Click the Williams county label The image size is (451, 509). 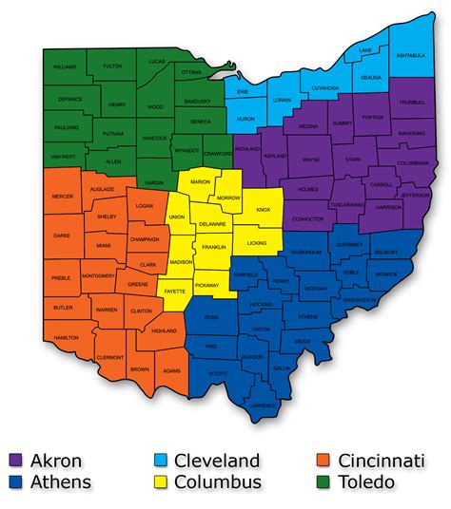pyautogui.click(x=65, y=67)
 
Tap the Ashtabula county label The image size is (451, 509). pyautogui.click(x=411, y=55)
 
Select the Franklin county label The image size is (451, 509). pyautogui.click(x=213, y=246)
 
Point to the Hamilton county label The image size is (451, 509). pyautogui.click(x=67, y=337)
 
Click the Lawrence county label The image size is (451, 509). pyautogui.click(x=263, y=405)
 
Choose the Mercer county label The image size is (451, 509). pyautogui.click(x=61, y=198)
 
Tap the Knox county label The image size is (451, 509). pyautogui.click(x=264, y=210)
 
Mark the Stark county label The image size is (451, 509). pyautogui.click(x=353, y=160)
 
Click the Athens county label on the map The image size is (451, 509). pyautogui.click(x=307, y=316)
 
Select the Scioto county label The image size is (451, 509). pyautogui.click(x=218, y=373)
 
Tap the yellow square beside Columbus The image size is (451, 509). pyautogui.click(x=162, y=482)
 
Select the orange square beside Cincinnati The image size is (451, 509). pyautogui.click(x=320, y=462)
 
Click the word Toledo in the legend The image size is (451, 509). pyautogui.click(x=364, y=482)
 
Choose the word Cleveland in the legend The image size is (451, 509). pyautogui.click(x=218, y=462)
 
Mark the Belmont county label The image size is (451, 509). pyautogui.click(x=386, y=253)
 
